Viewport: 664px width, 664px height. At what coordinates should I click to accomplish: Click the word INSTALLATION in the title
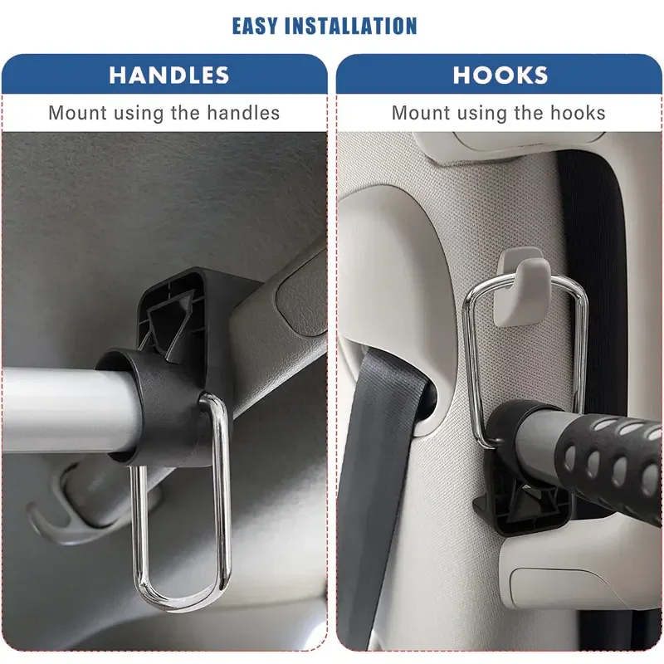pos(351,26)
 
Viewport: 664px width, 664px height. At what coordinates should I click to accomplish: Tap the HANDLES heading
pos(169,76)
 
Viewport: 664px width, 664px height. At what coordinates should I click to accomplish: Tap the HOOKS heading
pos(500,76)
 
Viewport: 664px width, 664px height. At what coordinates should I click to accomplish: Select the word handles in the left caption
pos(243,113)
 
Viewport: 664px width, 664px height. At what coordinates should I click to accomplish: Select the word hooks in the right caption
pos(578,113)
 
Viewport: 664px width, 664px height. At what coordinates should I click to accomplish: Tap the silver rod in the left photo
pos(68,408)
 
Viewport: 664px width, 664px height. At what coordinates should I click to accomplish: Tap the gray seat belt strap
pos(373,487)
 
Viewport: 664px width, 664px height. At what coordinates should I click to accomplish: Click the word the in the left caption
pos(185,113)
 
